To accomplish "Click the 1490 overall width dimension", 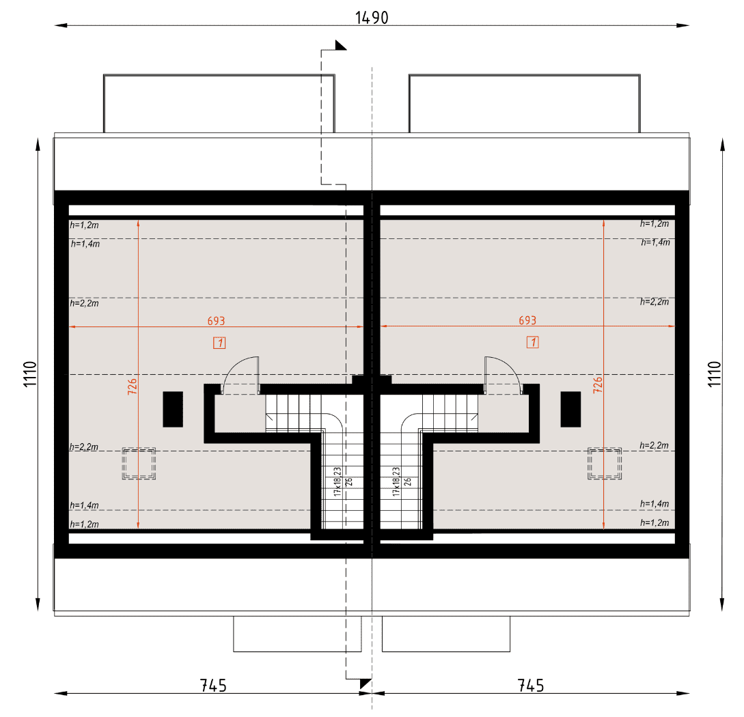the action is (372, 18).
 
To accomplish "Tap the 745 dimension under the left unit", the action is (213, 686).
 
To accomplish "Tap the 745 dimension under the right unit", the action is (530, 686).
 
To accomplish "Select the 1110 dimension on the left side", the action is (30, 374).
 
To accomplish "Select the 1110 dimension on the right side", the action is (715, 374).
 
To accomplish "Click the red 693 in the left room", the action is (216, 321).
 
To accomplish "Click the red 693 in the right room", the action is (527, 320).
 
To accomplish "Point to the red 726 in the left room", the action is (133, 386).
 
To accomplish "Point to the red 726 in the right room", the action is (598, 384).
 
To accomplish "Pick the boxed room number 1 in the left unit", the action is (219, 343).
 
